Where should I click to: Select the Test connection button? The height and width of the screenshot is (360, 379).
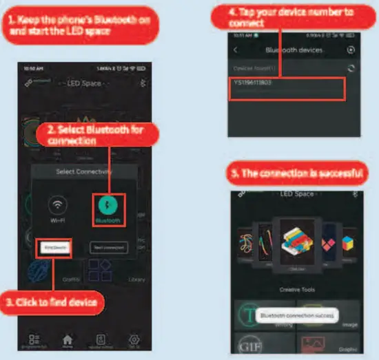pos(108,248)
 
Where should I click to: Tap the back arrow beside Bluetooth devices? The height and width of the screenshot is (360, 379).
pos(236,50)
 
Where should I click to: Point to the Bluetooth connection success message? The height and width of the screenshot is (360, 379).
pos(296,315)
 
